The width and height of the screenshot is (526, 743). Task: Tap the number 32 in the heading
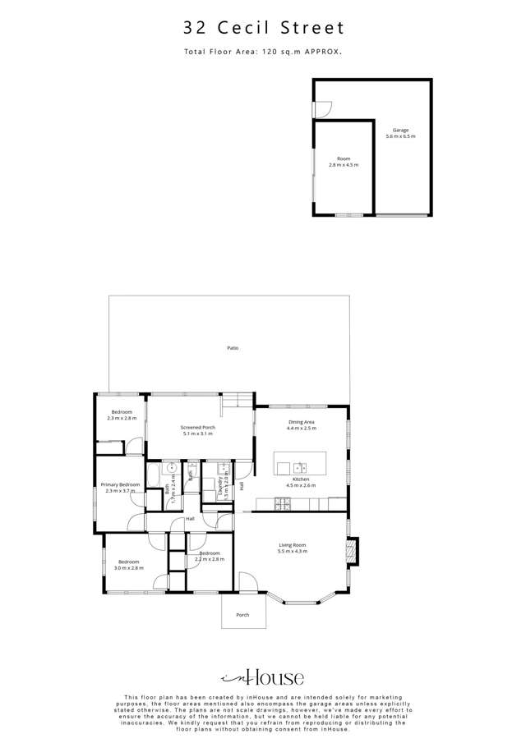click(195, 29)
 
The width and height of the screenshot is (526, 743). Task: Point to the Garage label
click(400, 131)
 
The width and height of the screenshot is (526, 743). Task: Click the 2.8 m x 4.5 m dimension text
click(344, 165)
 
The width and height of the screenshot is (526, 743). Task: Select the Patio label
click(233, 349)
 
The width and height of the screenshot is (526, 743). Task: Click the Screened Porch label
click(197, 427)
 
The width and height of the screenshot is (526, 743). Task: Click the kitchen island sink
click(299, 467)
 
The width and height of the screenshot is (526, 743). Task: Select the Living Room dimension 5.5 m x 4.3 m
click(292, 551)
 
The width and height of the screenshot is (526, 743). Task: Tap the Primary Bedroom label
click(121, 485)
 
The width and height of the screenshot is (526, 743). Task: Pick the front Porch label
click(242, 615)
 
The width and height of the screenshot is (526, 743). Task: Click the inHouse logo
click(263, 677)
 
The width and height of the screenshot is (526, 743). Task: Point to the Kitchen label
click(302, 479)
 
